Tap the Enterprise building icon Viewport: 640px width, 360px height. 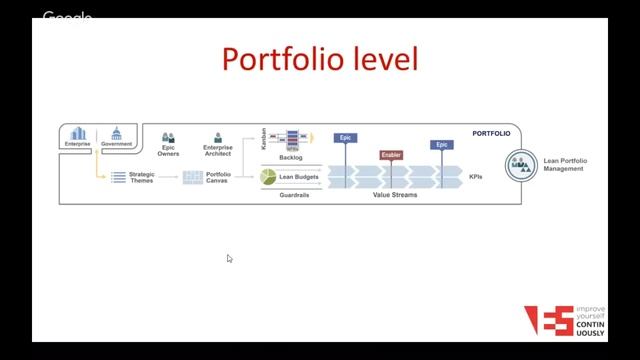(78, 133)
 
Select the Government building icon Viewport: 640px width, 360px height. (116, 133)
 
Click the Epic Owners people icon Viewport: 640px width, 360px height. (169, 137)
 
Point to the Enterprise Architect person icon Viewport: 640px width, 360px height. (217, 137)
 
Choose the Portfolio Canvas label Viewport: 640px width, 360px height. (218, 177)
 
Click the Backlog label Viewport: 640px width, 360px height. (291, 157)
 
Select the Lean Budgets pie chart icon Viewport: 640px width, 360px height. (268, 177)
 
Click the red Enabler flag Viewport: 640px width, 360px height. (391, 155)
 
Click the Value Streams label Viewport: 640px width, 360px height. (395, 194)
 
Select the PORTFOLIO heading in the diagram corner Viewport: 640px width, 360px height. (491, 132)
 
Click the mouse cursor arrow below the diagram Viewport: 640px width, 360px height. (229, 258)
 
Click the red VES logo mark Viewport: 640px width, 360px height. (549, 320)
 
